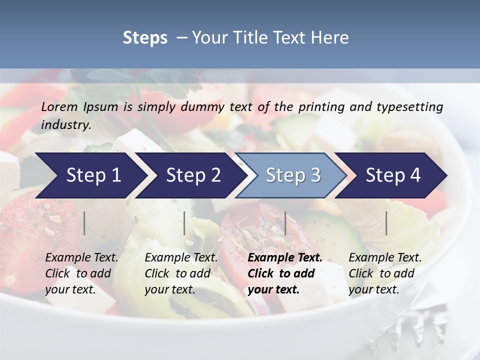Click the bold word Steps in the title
(x=145, y=38)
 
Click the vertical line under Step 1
(x=84, y=223)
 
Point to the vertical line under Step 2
(x=184, y=223)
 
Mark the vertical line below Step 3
(x=285, y=223)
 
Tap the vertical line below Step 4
(x=386, y=223)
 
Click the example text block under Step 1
(x=81, y=273)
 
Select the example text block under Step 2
(x=181, y=273)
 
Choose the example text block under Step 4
(x=385, y=273)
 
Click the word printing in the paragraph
(x=317, y=106)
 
